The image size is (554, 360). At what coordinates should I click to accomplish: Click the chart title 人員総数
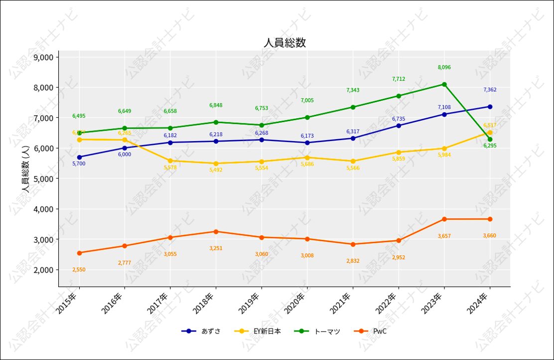(284, 43)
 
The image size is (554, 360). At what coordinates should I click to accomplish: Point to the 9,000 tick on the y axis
(43, 57)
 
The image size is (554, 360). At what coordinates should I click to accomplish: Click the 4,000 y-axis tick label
(43, 209)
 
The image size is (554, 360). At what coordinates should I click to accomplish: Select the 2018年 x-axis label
(205, 303)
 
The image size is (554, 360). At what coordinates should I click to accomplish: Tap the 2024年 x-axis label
(479, 303)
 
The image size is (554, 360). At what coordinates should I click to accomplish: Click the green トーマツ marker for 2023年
(444, 84)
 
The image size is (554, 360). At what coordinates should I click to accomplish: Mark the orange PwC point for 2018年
(216, 231)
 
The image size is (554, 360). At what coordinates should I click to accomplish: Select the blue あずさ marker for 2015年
(79, 157)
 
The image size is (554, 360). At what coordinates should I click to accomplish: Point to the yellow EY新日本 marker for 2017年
(170, 161)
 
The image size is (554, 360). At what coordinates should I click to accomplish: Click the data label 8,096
(444, 67)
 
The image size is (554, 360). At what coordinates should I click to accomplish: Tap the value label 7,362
(490, 90)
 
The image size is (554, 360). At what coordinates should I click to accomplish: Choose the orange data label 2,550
(79, 270)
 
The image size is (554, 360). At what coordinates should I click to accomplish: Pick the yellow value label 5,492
(216, 170)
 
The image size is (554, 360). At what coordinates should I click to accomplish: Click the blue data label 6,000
(125, 155)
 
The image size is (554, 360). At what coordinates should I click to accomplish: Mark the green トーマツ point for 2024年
(490, 139)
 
